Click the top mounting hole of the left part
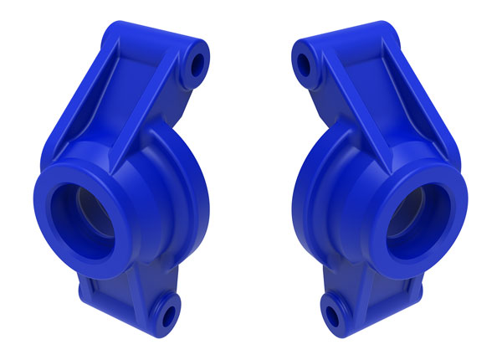199,64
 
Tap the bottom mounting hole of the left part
166,314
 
